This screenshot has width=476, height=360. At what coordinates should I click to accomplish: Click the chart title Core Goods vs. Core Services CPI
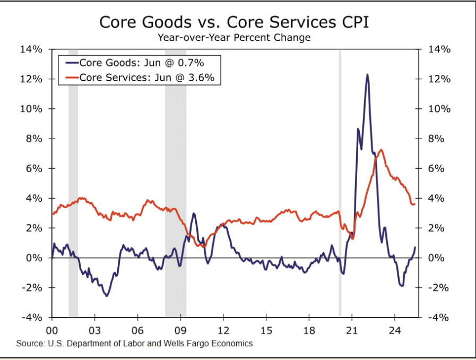click(x=234, y=23)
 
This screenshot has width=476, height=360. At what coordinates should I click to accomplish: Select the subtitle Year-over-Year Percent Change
click(x=234, y=38)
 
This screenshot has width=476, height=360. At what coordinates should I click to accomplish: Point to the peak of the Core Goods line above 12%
click(x=367, y=75)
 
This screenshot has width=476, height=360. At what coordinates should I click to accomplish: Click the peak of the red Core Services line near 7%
click(x=381, y=150)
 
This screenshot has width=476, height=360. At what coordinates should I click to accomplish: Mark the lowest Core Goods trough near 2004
click(x=107, y=296)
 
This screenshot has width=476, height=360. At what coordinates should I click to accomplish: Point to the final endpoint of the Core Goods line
click(x=415, y=247)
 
